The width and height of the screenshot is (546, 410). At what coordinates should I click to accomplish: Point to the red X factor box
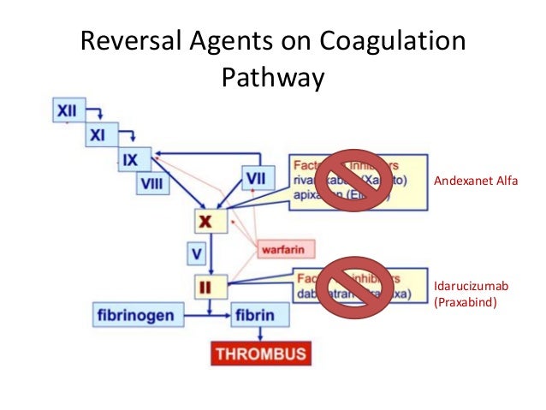206,220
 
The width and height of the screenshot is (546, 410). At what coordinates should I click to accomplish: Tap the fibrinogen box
135,315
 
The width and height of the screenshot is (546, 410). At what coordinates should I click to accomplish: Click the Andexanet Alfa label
477,181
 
